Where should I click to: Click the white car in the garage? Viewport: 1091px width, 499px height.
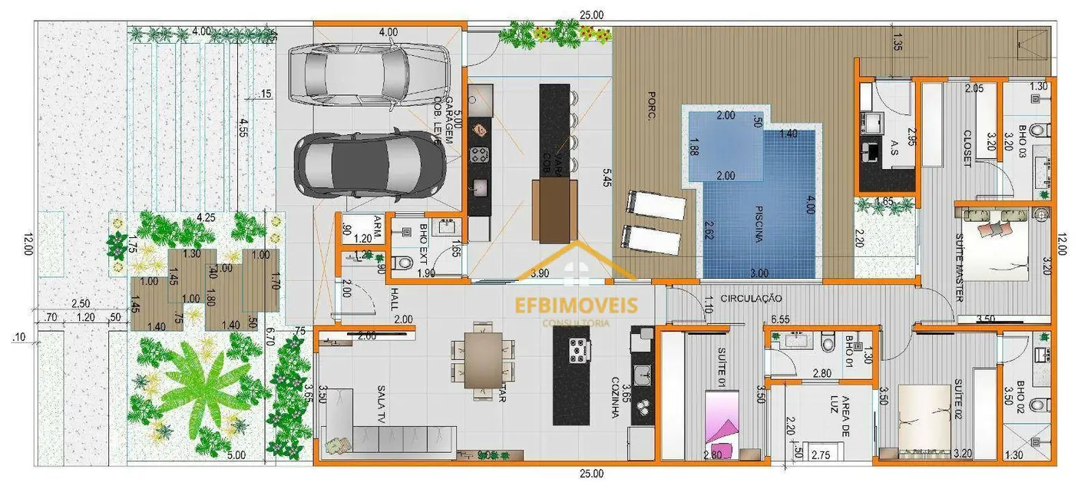[x=369, y=74]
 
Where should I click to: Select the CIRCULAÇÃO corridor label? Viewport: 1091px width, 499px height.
[x=752, y=298]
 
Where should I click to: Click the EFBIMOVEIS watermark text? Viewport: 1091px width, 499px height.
[x=576, y=305]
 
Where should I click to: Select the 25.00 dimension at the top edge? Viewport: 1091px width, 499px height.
[x=591, y=15]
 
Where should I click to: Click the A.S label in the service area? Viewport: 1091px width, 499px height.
[x=895, y=146]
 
